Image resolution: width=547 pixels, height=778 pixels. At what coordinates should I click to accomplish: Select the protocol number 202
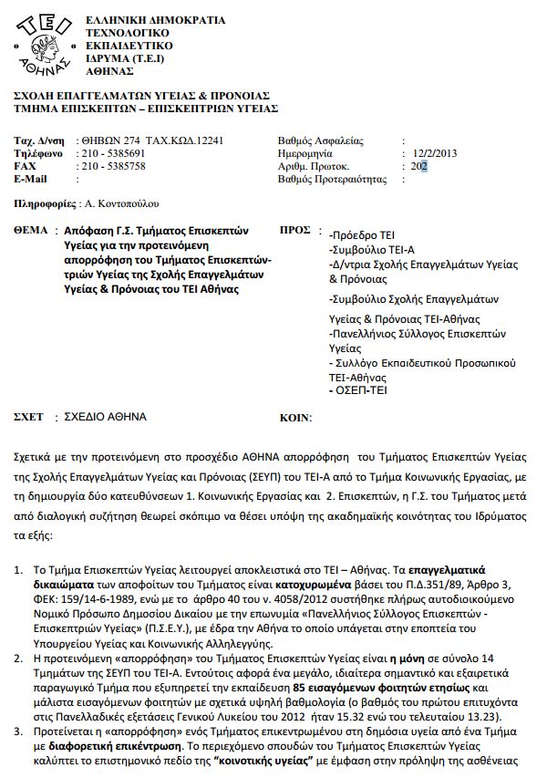(419, 167)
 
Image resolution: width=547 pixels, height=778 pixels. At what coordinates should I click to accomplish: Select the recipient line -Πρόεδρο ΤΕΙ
(363, 234)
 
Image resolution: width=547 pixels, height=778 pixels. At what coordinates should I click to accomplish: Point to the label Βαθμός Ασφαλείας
(319, 141)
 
